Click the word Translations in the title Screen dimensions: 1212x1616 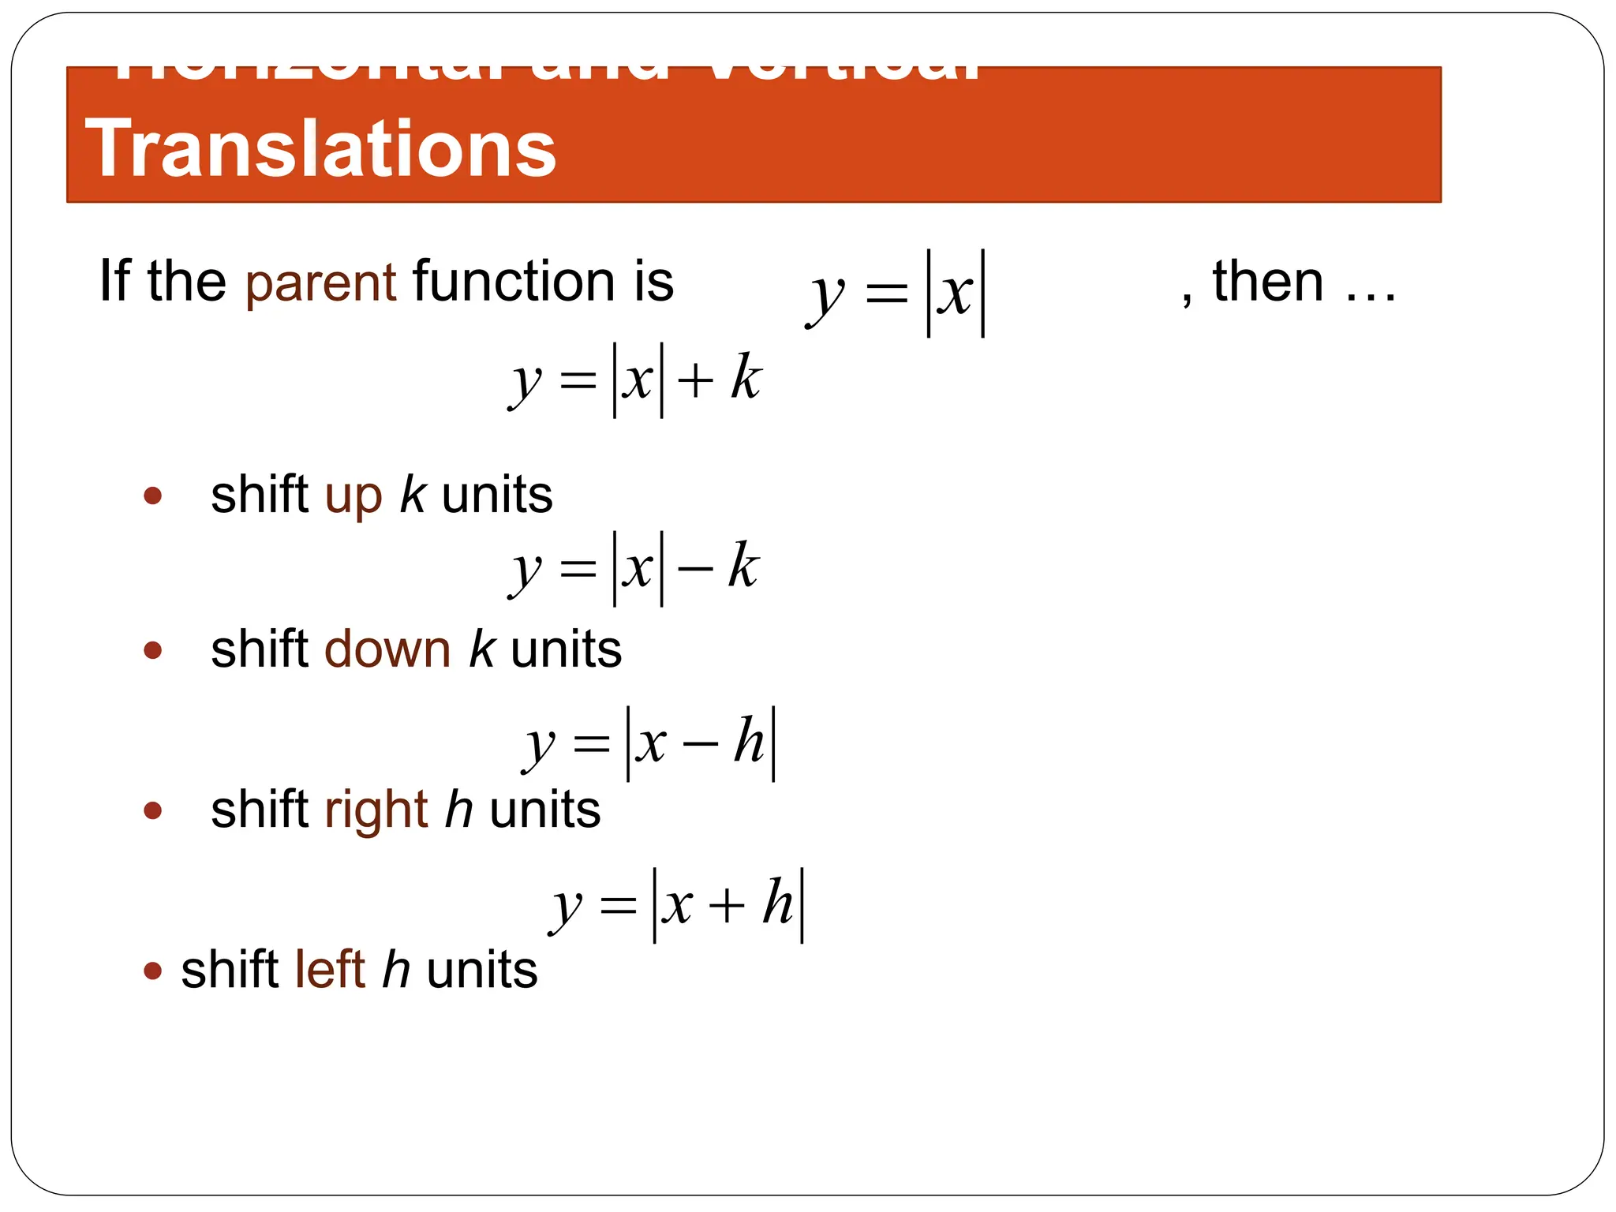coord(320,148)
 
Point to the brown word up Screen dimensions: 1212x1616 coord(353,497)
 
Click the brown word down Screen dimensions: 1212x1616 coord(387,650)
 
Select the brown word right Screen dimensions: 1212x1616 coord(376,811)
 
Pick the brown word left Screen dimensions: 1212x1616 coord(330,970)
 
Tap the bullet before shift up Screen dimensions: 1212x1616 coord(153,496)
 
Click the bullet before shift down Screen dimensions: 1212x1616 coord(153,651)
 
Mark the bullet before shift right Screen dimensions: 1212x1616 coord(153,810)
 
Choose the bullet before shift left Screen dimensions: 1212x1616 coord(153,971)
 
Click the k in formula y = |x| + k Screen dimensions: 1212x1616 coord(746,377)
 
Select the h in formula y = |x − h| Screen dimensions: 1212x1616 coord(749,742)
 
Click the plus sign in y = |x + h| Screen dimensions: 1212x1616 coord(727,905)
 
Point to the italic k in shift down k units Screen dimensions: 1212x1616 coord(481,650)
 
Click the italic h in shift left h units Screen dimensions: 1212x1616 coord(396,970)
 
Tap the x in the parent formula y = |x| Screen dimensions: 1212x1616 coord(956,294)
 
